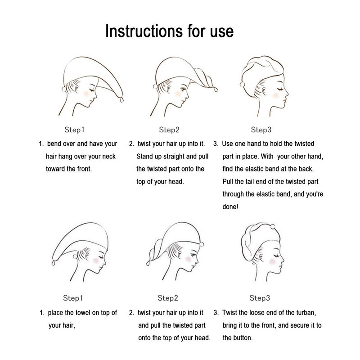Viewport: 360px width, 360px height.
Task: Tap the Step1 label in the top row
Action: (x=74, y=130)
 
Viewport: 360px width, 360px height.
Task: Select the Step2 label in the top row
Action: (x=169, y=130)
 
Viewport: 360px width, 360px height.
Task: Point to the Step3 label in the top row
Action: (x=261, y=130)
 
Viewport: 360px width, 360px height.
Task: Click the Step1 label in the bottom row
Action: (x=73, y=298)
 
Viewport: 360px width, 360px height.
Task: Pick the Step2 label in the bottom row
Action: (x=168, y=298)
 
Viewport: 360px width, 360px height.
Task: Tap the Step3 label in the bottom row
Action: (x=260, y=298)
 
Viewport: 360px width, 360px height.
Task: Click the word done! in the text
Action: (x=230, y=207)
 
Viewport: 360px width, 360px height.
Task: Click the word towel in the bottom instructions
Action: (x=83, y=312)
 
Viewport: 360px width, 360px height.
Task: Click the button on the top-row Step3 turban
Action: (x=242, y=85)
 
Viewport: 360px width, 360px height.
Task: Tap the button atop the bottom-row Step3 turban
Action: (x=273, y=227)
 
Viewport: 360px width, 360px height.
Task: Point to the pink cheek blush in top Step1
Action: (x=86, y=94)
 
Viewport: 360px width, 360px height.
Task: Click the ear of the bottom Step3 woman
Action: (x=261, y=257)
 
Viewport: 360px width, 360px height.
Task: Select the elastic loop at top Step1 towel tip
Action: (x=121, y=99)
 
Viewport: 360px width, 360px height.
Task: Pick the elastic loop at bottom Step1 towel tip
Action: (x=54, y=263)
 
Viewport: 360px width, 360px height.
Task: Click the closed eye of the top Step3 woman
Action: (x=280, y=89)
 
